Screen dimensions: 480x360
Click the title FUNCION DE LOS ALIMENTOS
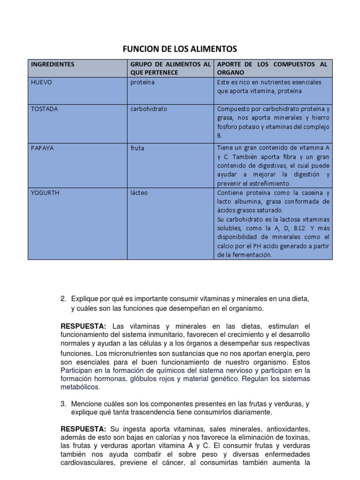coord(180,49)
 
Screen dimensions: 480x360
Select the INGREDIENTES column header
coord(52,64)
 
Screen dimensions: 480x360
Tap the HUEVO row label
coord(41,82)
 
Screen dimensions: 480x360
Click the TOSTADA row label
coord(45,109)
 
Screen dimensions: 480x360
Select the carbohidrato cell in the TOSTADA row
coord(149,109)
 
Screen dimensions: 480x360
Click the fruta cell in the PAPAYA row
coord(137,148)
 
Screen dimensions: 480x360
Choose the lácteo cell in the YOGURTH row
coord(139,193)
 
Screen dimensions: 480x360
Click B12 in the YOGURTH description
coord(298,228)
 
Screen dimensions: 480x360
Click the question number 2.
coord(64,299)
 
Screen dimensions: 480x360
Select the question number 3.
coord(64,404)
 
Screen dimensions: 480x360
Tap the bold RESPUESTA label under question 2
coord(83,326)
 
